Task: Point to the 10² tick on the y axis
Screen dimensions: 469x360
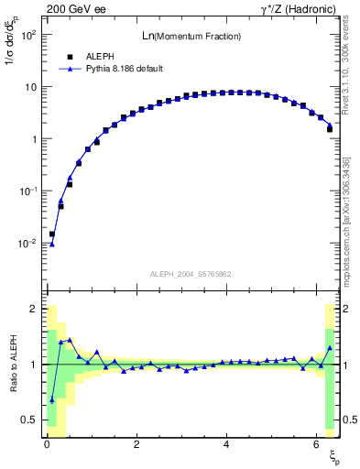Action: (29, 35)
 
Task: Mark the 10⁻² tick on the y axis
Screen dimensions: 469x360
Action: (28, 244)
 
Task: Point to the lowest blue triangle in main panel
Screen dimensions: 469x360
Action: (52, 244)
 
